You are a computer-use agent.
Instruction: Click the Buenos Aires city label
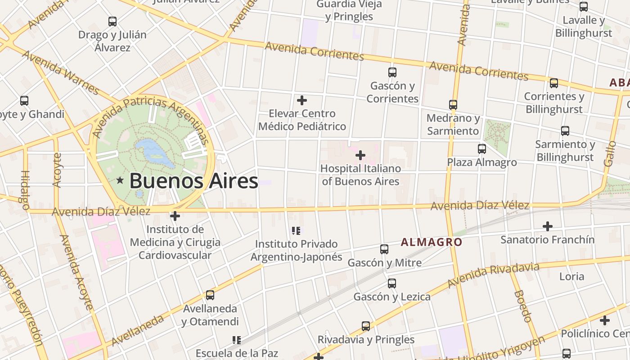coord(193,181)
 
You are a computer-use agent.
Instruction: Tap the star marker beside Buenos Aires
coord(120,180)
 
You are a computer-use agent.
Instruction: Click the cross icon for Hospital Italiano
coord(360,155)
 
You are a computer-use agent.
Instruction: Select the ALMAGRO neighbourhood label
coord(431,242)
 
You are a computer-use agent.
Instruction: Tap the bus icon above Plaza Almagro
coord(482,148)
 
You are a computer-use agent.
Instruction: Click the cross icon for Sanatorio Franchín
coord(547,226)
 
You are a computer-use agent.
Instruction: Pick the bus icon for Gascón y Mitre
coord(384,249)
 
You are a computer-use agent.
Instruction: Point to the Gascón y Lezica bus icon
coord(391,283)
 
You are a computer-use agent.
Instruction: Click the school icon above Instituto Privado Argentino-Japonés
coord(296,231)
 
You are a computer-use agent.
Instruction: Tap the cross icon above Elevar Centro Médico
coord(301,100)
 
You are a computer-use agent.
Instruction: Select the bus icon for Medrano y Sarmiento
coord(453,104)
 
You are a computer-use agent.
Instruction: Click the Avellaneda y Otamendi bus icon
coord(210,295)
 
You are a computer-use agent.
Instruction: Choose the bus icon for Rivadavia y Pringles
coord(365,326)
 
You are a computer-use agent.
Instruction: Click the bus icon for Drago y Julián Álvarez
coord(112,21)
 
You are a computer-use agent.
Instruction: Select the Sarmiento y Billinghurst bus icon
coord(565,130)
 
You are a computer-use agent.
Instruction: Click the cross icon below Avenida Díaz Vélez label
coord(175,216)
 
